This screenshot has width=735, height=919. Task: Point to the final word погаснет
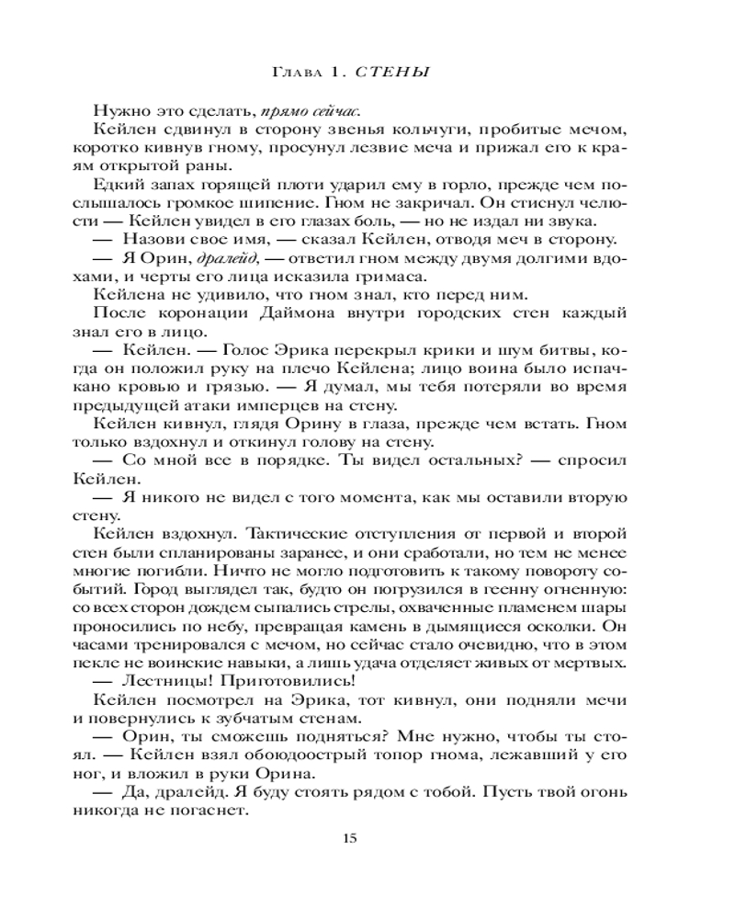click(211, 813)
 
